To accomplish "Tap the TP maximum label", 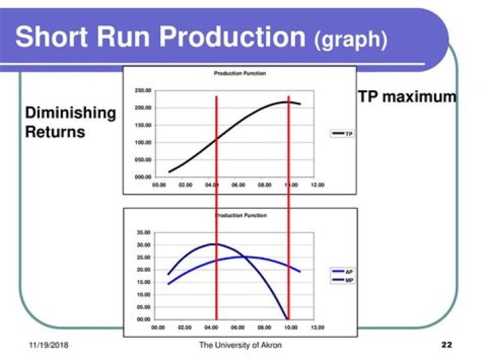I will click(407, 97).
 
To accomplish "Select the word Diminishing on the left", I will click(70, 113).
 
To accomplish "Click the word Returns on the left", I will click(55, 132).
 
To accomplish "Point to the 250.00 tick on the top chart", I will click(143, 90).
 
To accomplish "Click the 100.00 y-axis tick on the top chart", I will click(143, 142).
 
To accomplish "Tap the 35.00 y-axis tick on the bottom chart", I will click(144, 232).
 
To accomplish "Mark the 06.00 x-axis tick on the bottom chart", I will click(238, 328).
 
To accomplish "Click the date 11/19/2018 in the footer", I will click(49, 345).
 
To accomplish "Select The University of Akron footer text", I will click(240, 345).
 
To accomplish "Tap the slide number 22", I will click(447, 345).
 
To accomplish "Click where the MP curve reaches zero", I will click(287, 319).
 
